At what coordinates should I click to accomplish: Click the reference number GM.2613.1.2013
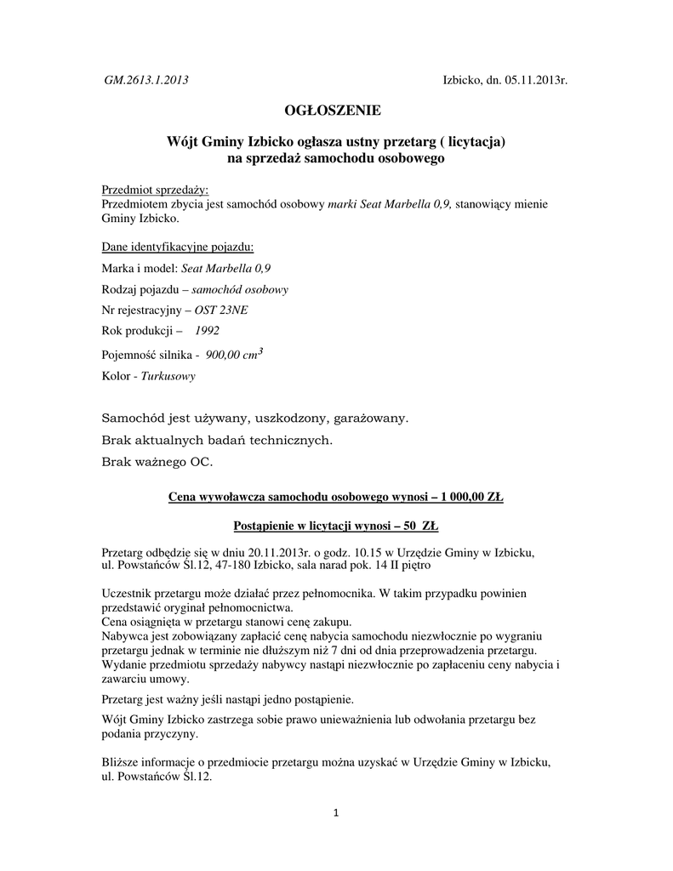pos(145,81)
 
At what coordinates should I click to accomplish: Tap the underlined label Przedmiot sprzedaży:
pos(155,190)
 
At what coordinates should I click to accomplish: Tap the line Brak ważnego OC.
pos(157,463)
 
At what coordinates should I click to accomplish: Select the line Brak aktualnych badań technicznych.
pos(217,441)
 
